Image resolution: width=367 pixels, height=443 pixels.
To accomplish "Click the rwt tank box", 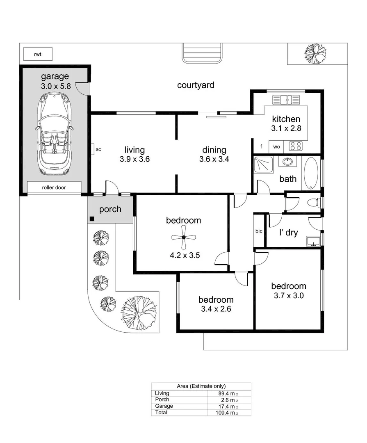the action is pos(38,54).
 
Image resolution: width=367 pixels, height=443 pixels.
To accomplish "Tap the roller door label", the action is pos(54,187).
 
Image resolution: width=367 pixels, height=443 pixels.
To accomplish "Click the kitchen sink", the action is pos(286,100).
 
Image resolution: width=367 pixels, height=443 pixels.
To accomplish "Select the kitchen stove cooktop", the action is pos(296,146).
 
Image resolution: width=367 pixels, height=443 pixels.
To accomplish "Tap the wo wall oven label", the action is pos(277,146).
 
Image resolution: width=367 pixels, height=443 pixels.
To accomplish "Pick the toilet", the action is pos(313,202).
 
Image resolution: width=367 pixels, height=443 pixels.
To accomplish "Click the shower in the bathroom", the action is pos(262,165).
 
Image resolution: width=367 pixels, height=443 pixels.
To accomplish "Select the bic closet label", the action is pos(259,231).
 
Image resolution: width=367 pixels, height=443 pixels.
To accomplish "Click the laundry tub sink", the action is pos(314,241).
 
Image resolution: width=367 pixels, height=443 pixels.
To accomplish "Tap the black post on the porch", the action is pos(92,219).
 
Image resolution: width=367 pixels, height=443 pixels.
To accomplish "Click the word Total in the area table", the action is pos(161,412).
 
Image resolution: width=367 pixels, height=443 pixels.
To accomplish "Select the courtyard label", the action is pos(196,85).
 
